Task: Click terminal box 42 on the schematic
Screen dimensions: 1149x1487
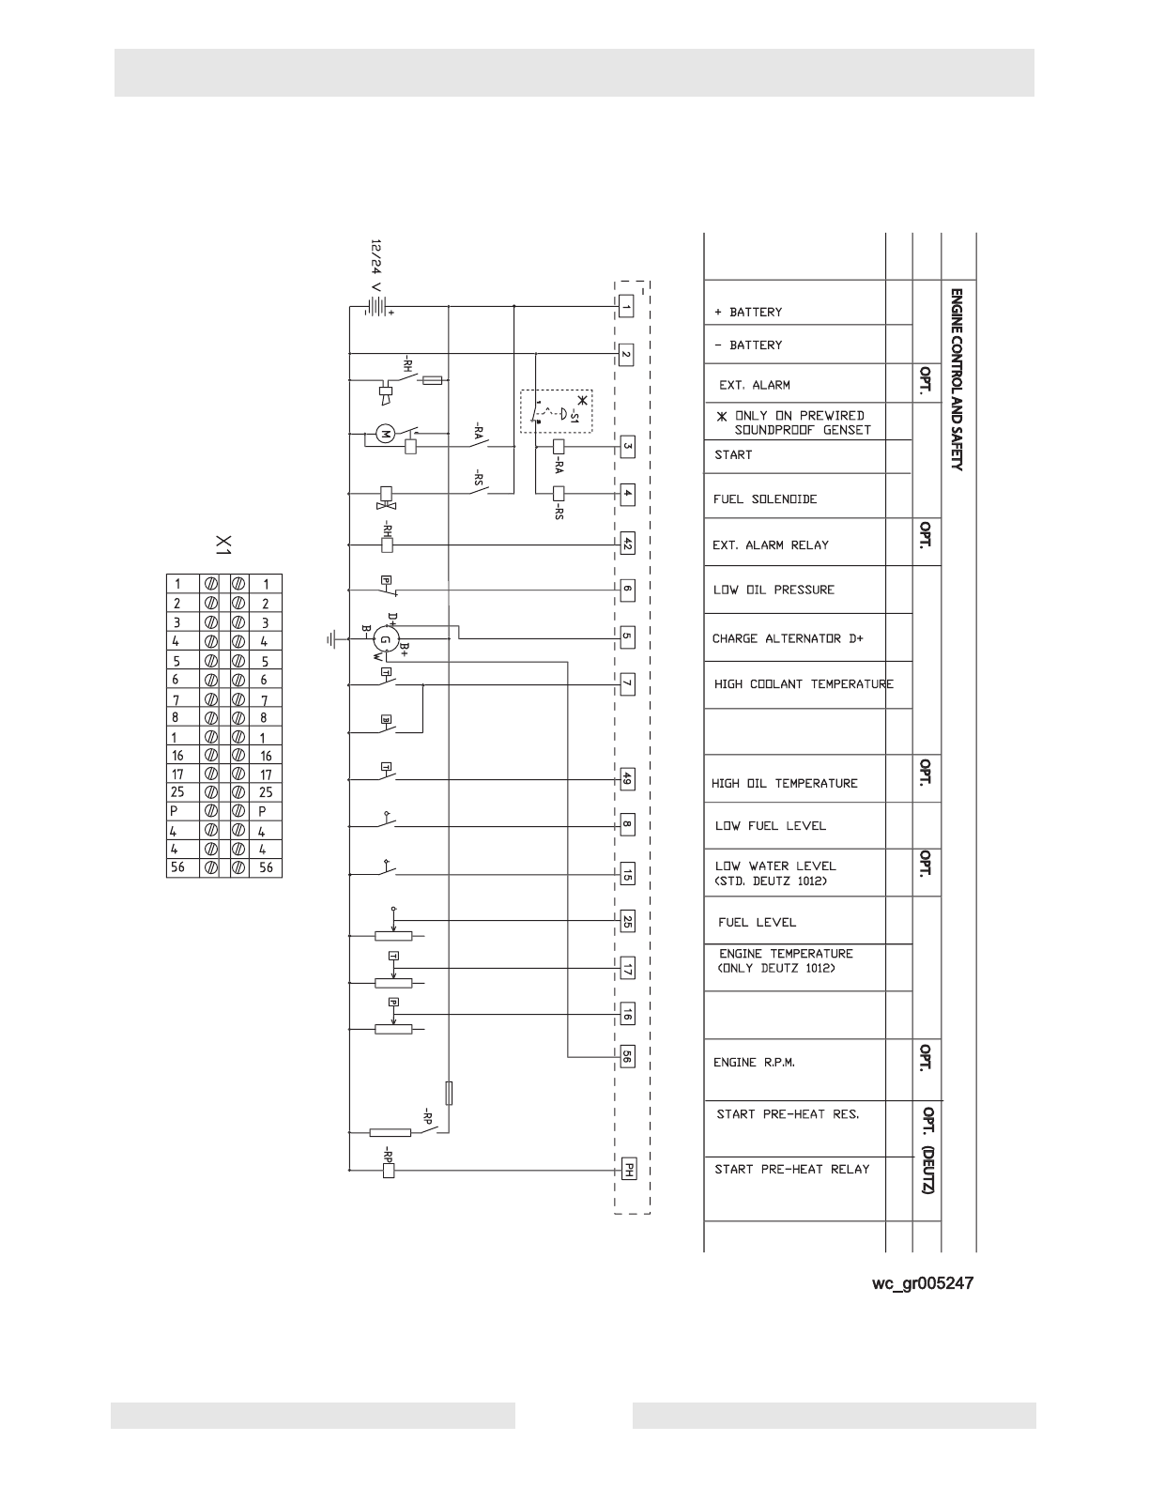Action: point(627,543)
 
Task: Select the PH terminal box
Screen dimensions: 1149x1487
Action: point(627,1170)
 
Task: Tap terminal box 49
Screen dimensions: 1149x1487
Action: point(627,778)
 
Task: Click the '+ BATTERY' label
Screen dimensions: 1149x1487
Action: point(748,312)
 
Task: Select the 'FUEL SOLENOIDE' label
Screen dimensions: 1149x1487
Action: point(764,498)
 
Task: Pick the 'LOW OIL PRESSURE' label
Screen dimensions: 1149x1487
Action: point(773,590)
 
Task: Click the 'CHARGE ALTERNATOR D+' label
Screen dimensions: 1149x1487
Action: point(787,638)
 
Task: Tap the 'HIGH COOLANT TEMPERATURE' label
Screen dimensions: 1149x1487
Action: point(804,683)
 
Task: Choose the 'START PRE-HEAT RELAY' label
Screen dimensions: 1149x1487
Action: point(792,1169)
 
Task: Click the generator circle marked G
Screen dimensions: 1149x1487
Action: point(384,639)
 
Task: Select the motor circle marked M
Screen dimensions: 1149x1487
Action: point(384,433)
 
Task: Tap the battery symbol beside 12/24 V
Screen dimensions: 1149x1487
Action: point(375,306)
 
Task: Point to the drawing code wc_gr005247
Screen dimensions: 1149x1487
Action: point(923,1282)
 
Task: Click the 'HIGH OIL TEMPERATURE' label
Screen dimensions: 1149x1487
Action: point(784,783)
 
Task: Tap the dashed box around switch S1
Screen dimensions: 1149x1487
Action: point(557,411)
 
